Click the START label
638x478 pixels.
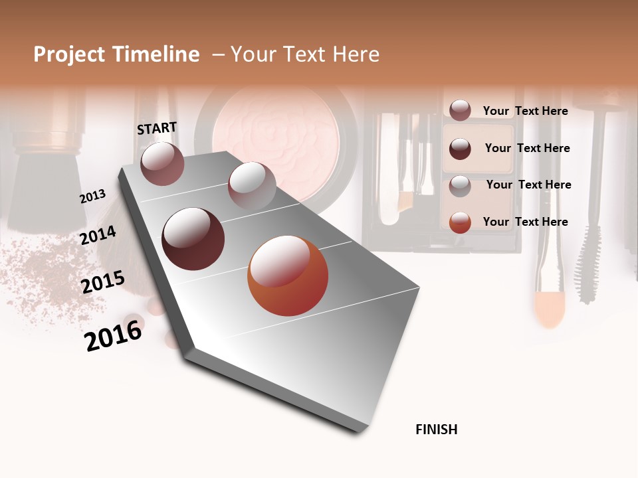tap(157, 128)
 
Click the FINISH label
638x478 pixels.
tap(436, 430)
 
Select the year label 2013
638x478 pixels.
tap(92, 197)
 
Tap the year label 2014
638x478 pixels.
tap(98, 236)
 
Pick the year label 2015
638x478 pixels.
tap(102, 282)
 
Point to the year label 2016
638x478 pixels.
tap(113, 335)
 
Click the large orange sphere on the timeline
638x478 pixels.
tap(288, 276)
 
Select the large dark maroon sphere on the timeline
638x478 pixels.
tap(193, 239)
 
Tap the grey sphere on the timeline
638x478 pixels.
tap(252, 185)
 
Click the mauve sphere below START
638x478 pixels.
tap(162, 163)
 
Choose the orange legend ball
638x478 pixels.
tap(460, 222)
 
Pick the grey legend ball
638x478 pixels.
tap(460, 186)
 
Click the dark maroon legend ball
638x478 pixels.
tap(460, 149)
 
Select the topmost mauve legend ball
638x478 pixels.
tap(460, 111)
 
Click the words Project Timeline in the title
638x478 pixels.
tap(116, 54)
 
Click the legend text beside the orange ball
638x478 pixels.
tap(525, 222)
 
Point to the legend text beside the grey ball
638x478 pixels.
tap(528, 185)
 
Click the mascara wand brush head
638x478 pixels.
tap(587, 272)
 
